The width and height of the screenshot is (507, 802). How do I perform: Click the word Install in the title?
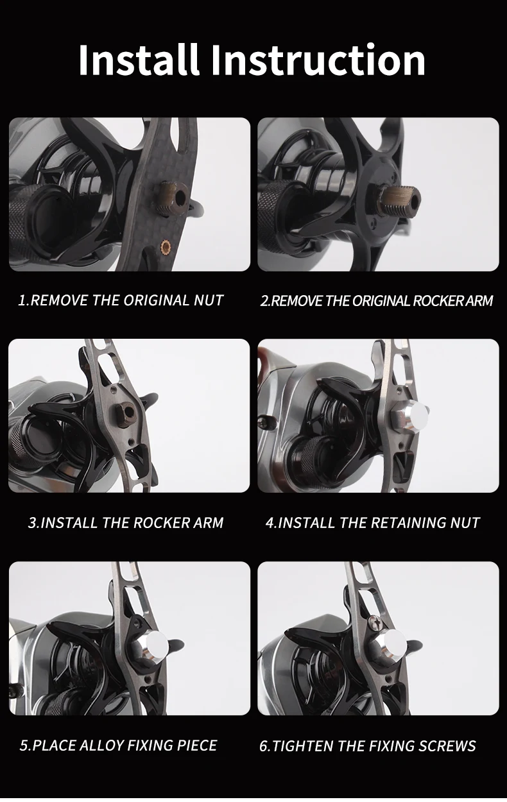139,59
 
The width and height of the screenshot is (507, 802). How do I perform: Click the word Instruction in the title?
318,60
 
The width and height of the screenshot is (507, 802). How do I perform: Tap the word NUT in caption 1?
209,300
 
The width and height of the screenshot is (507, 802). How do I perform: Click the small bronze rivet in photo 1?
166,246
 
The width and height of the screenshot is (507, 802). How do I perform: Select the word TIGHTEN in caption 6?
302,746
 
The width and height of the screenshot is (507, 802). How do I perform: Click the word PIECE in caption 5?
197,746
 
